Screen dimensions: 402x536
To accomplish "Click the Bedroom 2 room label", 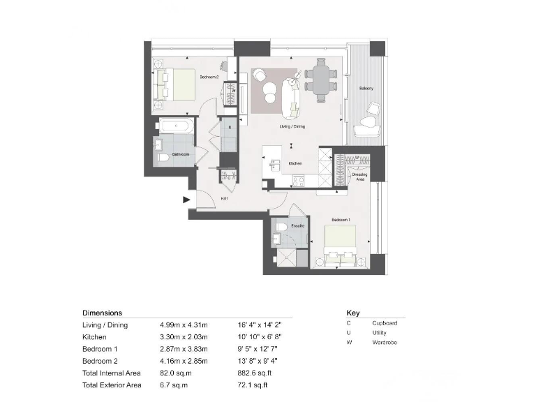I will click(209, 77).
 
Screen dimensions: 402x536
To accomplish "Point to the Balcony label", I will click(366, 89).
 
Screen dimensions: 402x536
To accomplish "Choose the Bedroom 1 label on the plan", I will click(340, 220).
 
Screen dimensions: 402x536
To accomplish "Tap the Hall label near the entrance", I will click(225, 198).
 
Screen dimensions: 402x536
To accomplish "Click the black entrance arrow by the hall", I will click(186, 200).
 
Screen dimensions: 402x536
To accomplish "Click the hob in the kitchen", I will click(299, 181).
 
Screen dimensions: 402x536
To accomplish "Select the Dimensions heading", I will click(102, 313).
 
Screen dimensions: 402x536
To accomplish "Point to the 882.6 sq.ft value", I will click(255, 374).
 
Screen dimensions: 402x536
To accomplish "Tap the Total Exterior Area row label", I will click(112, 385).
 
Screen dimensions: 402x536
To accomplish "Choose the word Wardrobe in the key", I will click(385, 343).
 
